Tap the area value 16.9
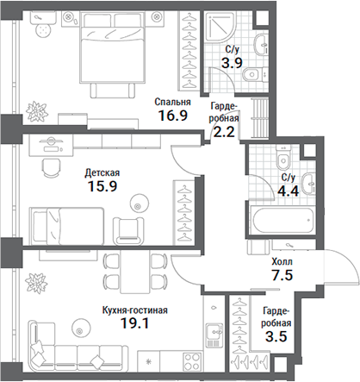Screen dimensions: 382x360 171,116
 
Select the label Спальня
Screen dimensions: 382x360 172,101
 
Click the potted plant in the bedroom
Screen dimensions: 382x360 37,110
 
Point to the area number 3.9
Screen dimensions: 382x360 232,63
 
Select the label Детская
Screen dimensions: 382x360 102,172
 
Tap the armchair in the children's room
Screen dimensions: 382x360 130,228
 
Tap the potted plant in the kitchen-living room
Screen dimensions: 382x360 37,281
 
